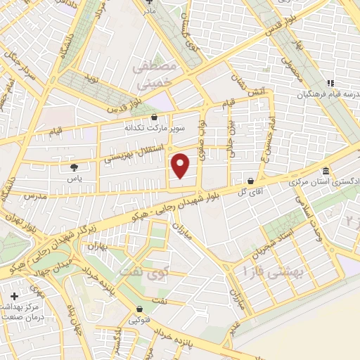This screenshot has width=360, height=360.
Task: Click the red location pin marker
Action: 181,166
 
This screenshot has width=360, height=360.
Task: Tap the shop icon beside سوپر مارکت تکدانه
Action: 155,117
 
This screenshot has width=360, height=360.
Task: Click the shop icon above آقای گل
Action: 251,181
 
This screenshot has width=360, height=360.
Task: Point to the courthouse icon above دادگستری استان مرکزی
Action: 326,171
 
